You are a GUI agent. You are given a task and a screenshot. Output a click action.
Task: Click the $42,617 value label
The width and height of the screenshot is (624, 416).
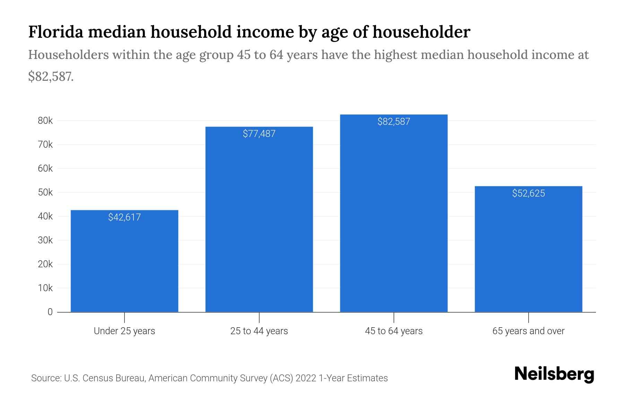(124, 217)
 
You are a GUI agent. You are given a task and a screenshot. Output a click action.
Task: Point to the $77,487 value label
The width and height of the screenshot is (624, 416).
(259, 134)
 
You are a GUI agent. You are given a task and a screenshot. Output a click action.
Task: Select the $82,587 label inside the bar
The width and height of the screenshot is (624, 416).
(393, 122)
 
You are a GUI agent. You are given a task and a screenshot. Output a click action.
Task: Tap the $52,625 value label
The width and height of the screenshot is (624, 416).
(528, 193)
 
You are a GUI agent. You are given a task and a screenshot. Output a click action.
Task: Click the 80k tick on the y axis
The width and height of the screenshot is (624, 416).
(45, 121)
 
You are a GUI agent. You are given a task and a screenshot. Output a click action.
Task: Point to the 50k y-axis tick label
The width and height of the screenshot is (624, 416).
(45, 192)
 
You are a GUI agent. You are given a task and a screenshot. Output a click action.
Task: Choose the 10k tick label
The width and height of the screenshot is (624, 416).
(45, 288)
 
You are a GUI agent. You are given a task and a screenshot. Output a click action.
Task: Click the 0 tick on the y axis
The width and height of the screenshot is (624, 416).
(50, 312)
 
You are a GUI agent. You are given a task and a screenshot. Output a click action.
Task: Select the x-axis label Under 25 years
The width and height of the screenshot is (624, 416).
(124, 331)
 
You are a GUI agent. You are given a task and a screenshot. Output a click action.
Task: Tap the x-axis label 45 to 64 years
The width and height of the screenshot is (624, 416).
(393, 331)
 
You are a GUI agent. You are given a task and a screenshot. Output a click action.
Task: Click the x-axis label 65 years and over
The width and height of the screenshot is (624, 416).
(528, 331)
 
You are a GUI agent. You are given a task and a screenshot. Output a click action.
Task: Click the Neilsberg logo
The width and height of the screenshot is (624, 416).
(554, 374)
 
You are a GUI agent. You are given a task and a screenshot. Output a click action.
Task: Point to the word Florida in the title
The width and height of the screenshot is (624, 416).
(55, 32)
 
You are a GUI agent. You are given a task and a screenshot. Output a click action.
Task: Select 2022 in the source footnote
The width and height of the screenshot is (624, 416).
(306, 378)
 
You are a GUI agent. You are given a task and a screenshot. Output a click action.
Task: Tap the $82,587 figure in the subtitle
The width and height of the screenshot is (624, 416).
(51, 77)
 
